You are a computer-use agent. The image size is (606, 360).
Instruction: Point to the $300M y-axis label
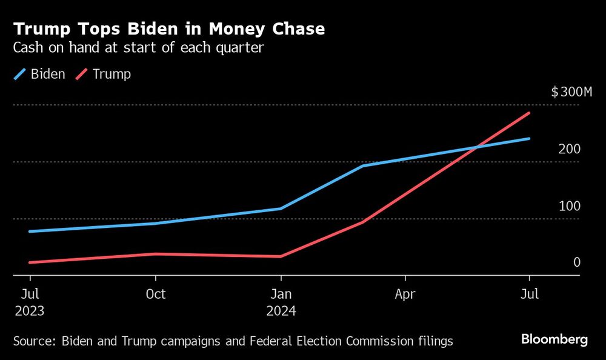point(565,92)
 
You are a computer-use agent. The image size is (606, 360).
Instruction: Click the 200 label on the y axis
point(569,149)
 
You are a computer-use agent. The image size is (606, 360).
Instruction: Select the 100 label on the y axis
point(569,206)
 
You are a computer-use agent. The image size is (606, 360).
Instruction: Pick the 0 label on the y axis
point(576,262)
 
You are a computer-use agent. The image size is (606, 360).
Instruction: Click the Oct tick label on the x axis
point(156,294)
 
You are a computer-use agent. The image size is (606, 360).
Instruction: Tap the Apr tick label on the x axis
point(405,294)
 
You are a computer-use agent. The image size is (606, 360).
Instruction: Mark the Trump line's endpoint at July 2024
point(530,113)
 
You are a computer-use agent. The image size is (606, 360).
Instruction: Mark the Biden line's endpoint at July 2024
point(530,138)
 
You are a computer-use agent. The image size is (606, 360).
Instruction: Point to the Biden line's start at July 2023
point(30,232)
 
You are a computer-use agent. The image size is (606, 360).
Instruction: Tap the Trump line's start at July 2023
point(30,262)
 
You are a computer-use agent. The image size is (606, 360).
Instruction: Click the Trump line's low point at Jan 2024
point(280,256)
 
